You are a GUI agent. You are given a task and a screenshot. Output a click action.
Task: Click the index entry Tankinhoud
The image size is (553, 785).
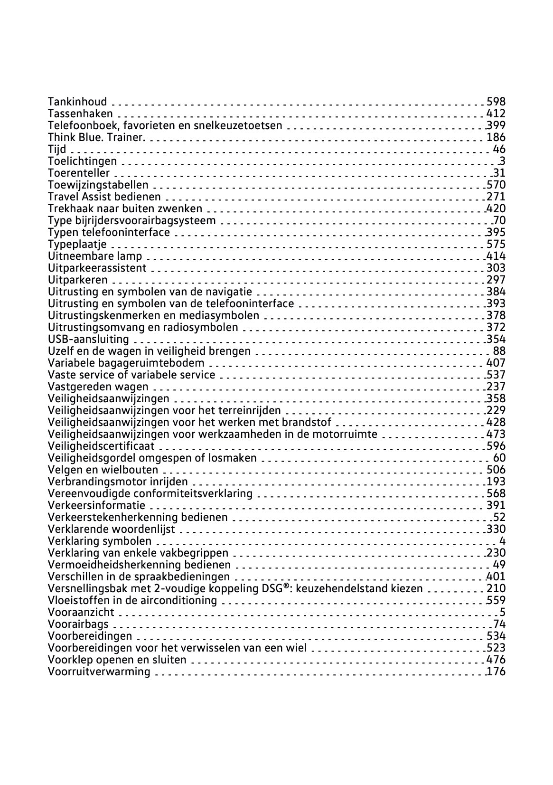[x=77, y=102]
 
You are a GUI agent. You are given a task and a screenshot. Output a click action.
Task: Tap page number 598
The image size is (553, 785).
[x=496, y=102]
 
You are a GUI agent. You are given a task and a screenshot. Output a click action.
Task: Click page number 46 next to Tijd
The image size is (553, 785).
[x=499, y=149]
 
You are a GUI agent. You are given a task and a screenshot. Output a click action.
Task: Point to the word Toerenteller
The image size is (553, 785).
[x=79, y=173]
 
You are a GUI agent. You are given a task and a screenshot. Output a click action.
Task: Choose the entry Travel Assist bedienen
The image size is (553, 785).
[x=104, y=197]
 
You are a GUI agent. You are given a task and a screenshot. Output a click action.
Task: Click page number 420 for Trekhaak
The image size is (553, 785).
[x=496, y=208]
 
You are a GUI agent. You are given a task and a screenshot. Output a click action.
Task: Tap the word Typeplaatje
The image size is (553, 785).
[x=77, y=244]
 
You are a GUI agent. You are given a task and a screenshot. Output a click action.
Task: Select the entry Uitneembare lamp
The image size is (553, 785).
[x=95, y=256]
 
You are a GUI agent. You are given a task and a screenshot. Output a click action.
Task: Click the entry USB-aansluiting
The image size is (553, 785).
[x=89, y=339]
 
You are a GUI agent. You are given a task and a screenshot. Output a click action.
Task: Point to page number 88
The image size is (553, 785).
[x=499, y=351]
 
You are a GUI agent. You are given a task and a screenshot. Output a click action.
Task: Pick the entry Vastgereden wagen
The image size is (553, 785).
[x=98, y=387]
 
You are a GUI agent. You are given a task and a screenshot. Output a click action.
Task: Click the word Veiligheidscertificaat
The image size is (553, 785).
[x=102, y=446]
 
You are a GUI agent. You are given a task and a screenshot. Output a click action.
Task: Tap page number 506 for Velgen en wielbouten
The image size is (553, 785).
[x=496, y=470]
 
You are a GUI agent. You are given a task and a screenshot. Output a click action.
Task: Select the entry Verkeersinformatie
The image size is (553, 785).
[x=97, y=505]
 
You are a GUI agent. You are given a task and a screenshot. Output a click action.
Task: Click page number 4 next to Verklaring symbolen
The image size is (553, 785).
[x=502, y=541]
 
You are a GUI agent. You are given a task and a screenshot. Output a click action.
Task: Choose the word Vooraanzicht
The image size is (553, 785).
[x=81, y=612]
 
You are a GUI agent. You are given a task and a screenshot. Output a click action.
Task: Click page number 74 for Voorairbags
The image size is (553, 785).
[x=499, y=624]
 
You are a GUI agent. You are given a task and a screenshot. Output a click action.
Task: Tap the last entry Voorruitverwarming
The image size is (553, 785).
[x=99, y=672]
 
